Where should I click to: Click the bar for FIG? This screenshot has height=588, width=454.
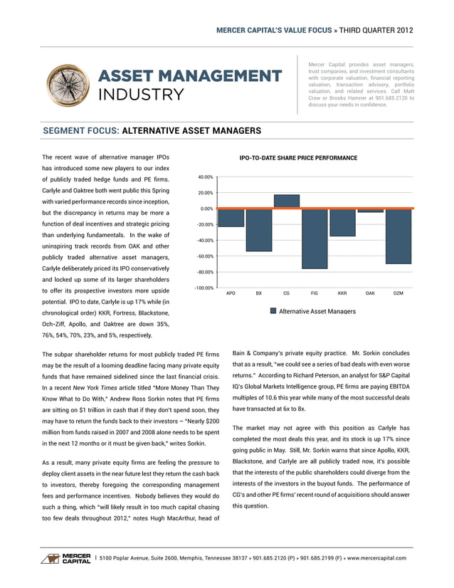(314, 238)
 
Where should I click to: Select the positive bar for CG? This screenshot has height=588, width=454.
(286, 201)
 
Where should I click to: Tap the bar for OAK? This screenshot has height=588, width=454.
(369, 211)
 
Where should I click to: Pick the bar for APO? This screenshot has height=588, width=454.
(231, 218)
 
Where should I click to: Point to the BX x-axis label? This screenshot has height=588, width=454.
(258, 293)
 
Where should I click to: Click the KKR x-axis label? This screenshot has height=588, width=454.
(342, 293)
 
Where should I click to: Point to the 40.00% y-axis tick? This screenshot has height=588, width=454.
(205, 177)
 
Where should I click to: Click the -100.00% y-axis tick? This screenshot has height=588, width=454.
(203, 288)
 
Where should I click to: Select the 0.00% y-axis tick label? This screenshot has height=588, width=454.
(206, 209)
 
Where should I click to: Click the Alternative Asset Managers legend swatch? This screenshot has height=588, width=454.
(273, 311)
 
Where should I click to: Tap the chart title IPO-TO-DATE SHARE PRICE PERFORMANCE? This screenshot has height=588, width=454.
(298, 158)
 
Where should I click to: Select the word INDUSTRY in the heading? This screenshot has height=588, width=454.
(141, 95)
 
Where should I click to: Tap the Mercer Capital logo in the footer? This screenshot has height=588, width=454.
(65, 557)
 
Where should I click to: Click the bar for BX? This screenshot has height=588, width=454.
(258, 230)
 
